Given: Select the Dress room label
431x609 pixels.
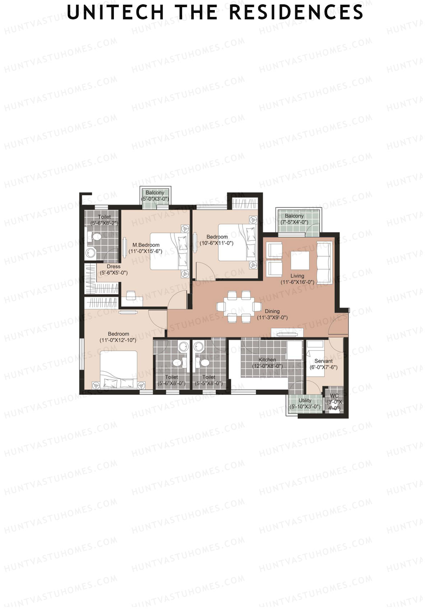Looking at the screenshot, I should [113, 267].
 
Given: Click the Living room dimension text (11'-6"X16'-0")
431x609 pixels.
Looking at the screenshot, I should [297, 282].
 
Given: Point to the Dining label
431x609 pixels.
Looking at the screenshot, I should [272, 311].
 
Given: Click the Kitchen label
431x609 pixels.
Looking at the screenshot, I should [267, 360].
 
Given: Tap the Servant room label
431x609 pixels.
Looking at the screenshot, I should [323, 361].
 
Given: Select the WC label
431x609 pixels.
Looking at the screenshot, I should [334, 396].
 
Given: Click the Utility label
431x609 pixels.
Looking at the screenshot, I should [305, 400].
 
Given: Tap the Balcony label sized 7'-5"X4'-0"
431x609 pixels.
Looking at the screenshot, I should [294, 216].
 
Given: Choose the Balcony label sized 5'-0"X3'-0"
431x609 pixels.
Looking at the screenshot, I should [155, 193].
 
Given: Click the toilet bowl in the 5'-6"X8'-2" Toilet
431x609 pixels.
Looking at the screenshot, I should [96, 237].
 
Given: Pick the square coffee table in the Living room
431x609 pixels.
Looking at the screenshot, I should [300, 261].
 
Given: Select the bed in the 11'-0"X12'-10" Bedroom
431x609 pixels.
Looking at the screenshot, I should [119, 368].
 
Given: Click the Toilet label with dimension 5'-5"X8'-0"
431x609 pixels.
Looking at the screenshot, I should [209, 377].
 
